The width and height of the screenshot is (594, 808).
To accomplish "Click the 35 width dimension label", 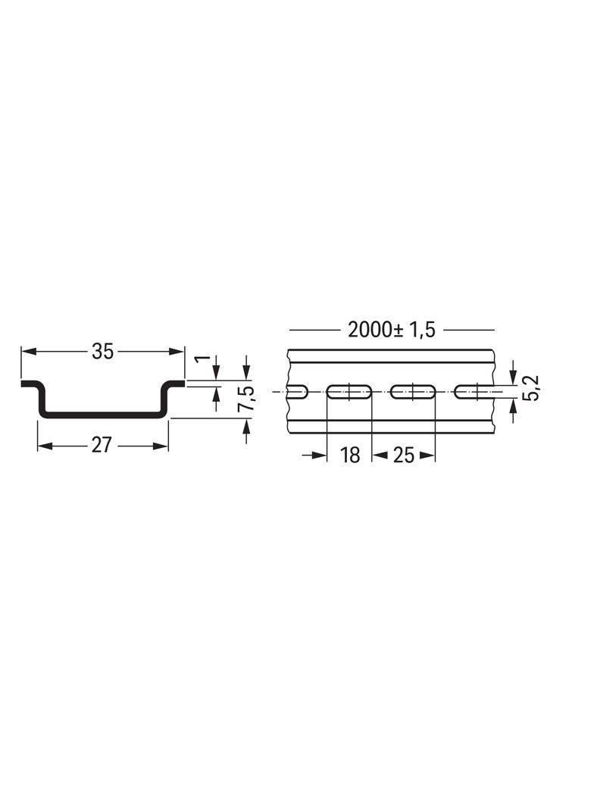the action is click(102, 352).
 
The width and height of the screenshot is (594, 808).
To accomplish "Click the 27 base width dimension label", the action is click(101, 445).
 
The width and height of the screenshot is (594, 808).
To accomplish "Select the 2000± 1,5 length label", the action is click(392, 330).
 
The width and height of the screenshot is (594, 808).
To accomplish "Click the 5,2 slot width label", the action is click(533, 387).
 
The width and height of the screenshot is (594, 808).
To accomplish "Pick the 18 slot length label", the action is click(350, 455).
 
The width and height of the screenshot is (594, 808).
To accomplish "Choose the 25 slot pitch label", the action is click(403, 455).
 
